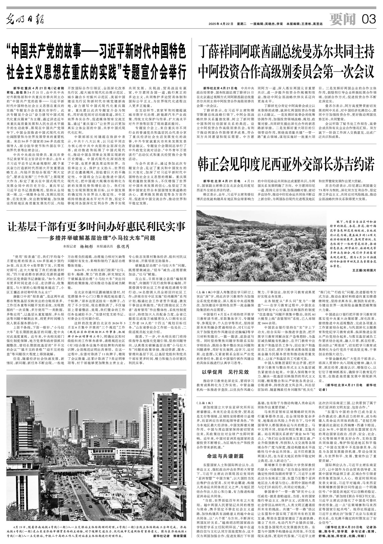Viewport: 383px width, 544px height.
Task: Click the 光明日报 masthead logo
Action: [x=25, y=20]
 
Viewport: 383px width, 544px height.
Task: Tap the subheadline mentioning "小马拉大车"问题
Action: [x=96, y=238]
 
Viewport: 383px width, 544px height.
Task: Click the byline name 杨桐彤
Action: [x=86, y=246]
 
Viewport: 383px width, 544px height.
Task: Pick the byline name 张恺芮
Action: [x=123, y=246]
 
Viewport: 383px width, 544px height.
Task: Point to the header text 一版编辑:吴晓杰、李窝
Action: [x=267, y=24]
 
